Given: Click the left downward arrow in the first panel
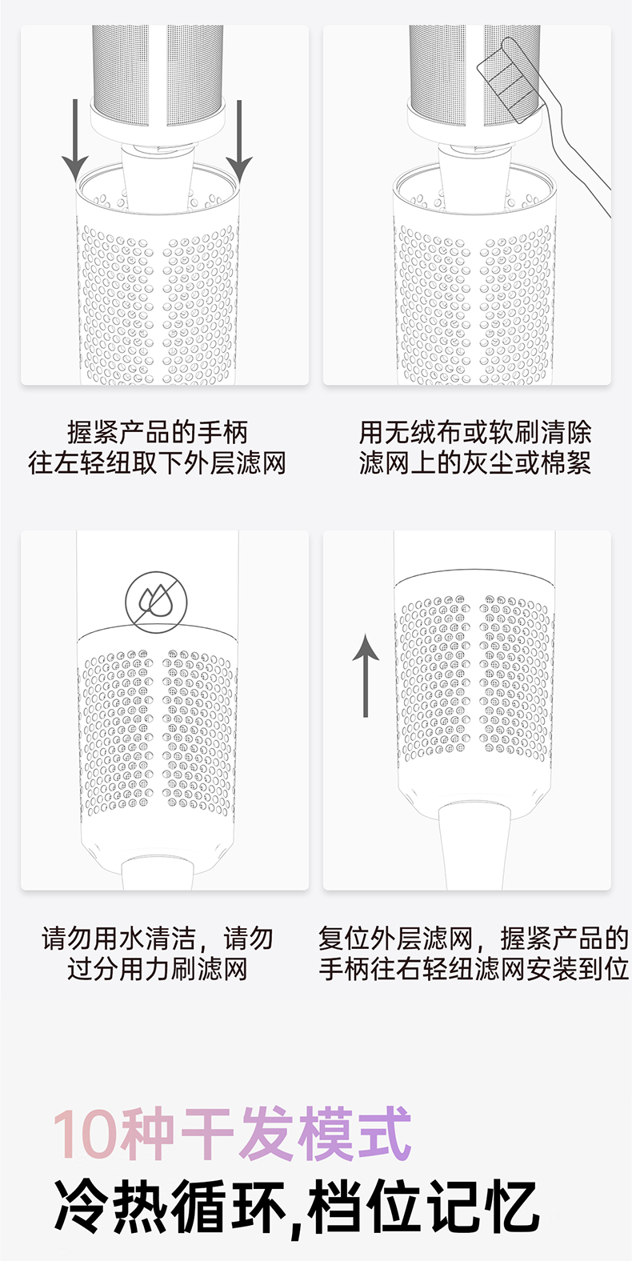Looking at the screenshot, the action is click(75, 141).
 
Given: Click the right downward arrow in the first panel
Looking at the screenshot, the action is click(239, 141).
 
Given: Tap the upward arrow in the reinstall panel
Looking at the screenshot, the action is click(366, 675).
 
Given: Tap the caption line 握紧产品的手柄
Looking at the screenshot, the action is click(158, 432).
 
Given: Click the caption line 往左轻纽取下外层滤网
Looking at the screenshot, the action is click(158, 462).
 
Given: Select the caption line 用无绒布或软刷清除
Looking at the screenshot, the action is click(475, 432).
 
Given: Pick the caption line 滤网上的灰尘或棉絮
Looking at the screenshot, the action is click(475, 462).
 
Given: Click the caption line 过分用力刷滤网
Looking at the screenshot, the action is click(158, 969).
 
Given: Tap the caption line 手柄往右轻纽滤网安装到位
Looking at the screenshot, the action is click(474, 969).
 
